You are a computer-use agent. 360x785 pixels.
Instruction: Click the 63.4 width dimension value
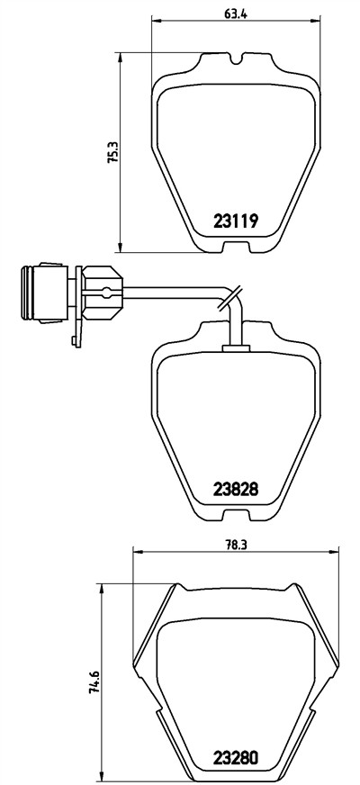pos(235,14)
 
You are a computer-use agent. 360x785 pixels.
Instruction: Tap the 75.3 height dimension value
pos(113,153)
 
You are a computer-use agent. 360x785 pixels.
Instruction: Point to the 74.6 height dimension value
pos(94,681)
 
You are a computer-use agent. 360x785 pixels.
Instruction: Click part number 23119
pos(235,221)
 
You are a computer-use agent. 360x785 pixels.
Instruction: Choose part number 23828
pos(235,489)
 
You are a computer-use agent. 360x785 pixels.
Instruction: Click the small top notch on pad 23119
pos(237,59)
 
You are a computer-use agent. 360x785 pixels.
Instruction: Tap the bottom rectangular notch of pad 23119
pos(236,248)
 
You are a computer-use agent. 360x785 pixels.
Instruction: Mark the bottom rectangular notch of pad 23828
pos(236,516)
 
